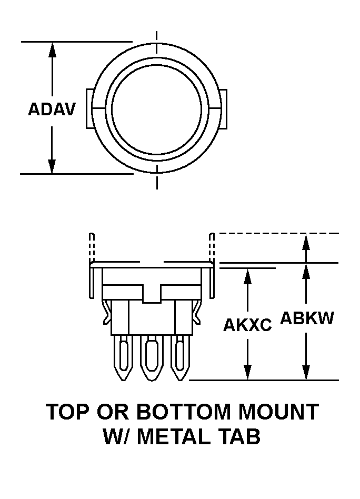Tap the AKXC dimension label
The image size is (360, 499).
pyautogui.click(x=247, y=325)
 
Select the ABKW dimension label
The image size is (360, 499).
pyautogui.click(x=307, y=318)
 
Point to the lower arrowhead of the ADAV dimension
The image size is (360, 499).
pyautogui.click(x=52, y=165)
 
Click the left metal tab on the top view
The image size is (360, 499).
pyautogui.click(x=89, y=108)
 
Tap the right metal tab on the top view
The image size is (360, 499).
pyautogui.click(x=223, y=108)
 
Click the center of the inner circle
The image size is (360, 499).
pyautogui.click(x=156, y=108)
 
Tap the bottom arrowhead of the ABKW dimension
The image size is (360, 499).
pyautogui.click(x=306, y=373)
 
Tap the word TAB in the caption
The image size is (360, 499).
pyautogui.click(x=242, y=437)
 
